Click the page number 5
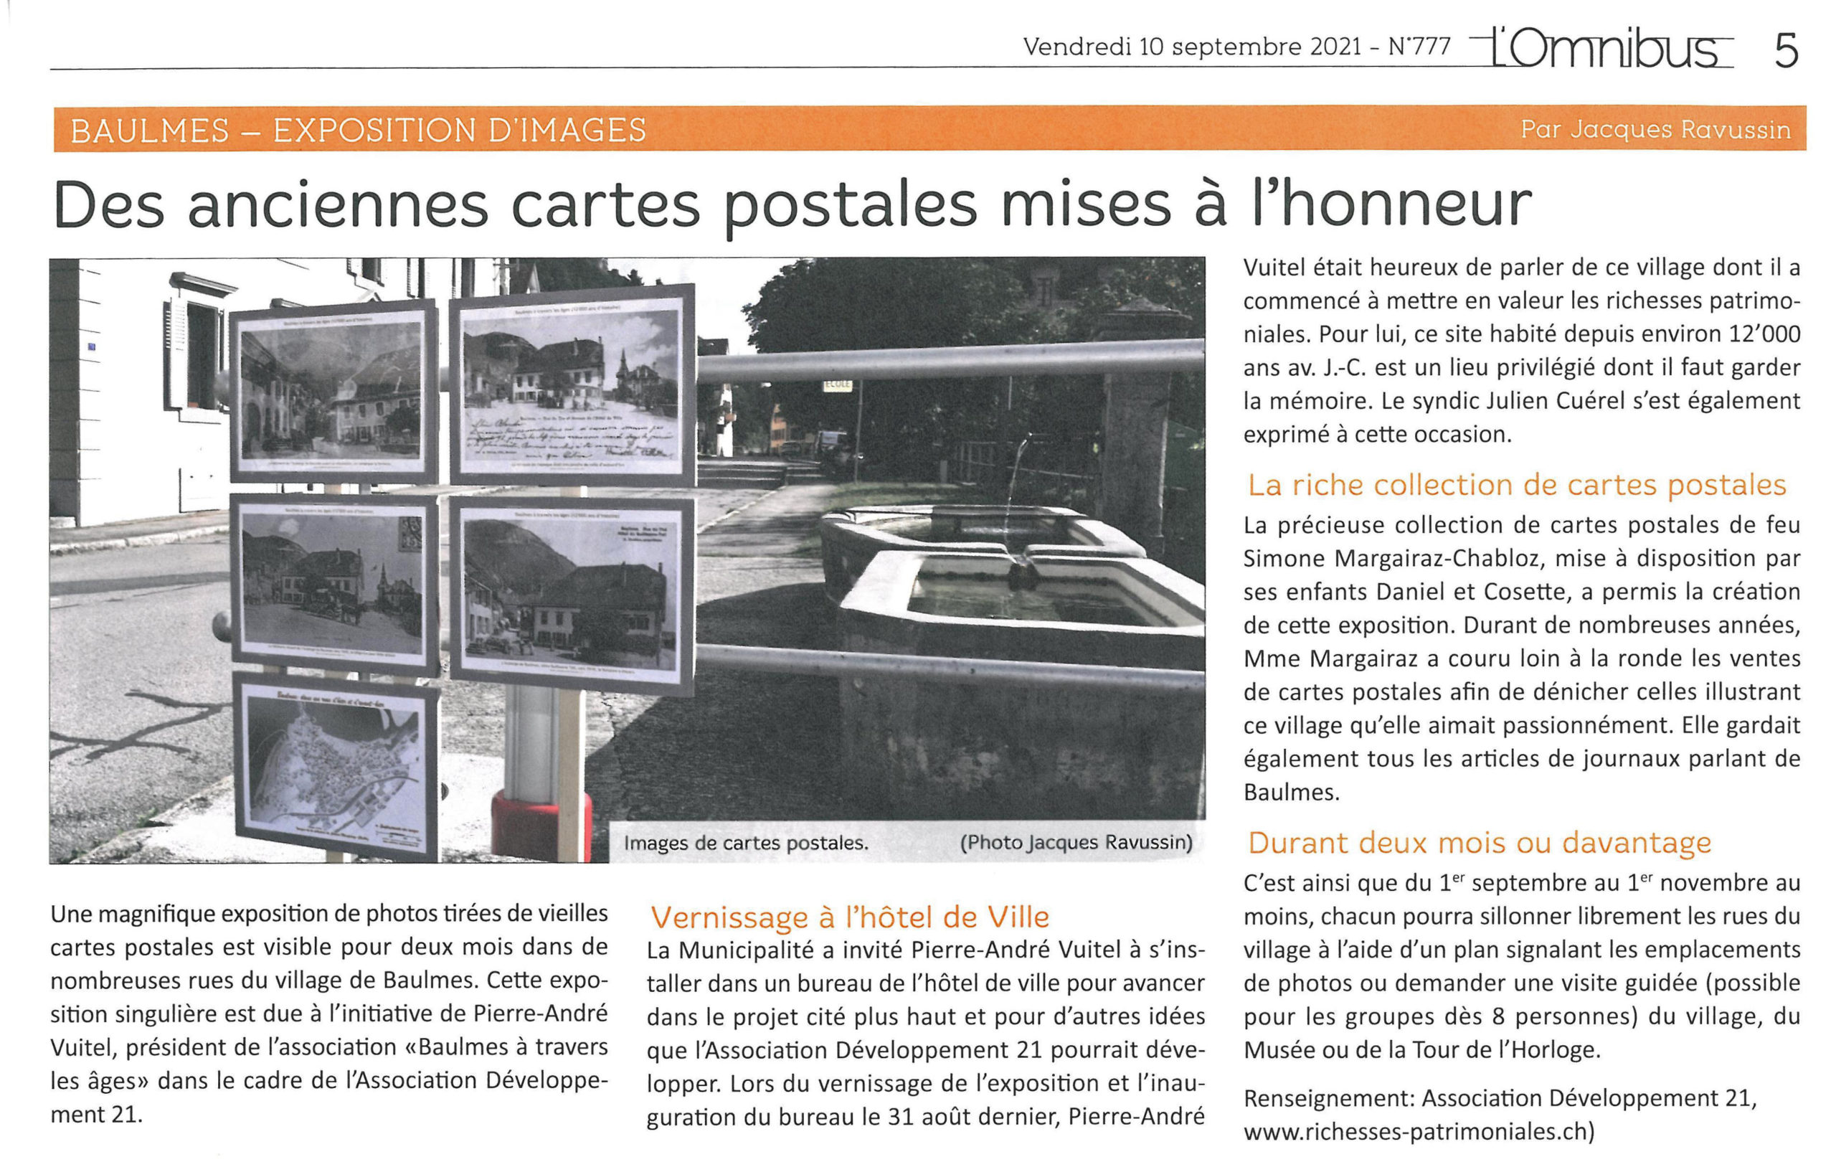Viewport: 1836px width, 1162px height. [1786, 50]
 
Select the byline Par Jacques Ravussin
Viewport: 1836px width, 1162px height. [1655, 130]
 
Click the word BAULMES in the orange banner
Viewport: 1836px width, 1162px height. [149, 131]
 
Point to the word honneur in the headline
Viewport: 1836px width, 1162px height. [1391, 204]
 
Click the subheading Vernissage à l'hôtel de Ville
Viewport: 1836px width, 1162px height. [849, 917]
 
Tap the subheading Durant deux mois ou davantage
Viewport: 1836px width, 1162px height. [1479, 843]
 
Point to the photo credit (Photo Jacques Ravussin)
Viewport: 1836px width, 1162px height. [1076, 842]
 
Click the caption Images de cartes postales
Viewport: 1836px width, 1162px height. [746, 844]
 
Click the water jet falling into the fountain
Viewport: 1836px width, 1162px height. [1016, 496]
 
